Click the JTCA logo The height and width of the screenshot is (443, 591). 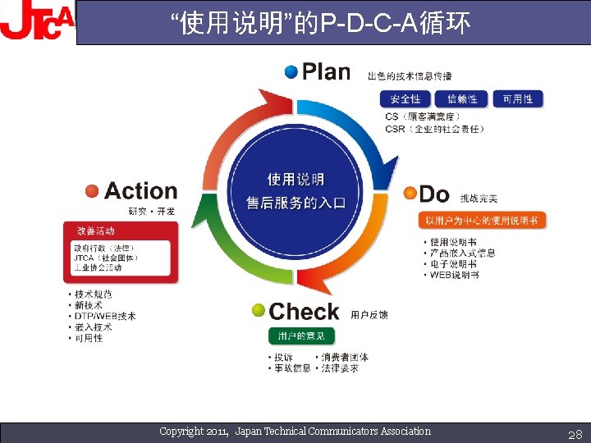(x=37, y=22)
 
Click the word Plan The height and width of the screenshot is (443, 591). (x=326, y=72)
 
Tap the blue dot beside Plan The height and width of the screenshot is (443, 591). (x=291, y=71)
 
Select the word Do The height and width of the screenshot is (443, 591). (x=434, y=194)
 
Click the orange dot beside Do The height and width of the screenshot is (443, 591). (x=410, y=193)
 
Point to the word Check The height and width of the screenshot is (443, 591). (x=304, y=312)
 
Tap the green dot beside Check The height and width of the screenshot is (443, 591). (x=259, y=311)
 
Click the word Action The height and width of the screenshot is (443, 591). (x=140, y=191)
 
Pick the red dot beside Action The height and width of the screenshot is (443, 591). (x=92, y=191)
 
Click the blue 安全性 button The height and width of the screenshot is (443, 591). (x=405, y=99)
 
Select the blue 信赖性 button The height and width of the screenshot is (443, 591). (x=462, y=99)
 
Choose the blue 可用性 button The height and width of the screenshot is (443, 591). (x=518, y=99)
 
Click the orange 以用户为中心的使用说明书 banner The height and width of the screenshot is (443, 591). (x=482, y=221)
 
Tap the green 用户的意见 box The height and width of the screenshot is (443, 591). (x=301, y=336)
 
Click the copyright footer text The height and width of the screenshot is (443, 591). (x=295, y=432)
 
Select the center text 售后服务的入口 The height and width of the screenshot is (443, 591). (x=296, y=202)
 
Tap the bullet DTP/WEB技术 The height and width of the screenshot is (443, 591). (x=105, y=316)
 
